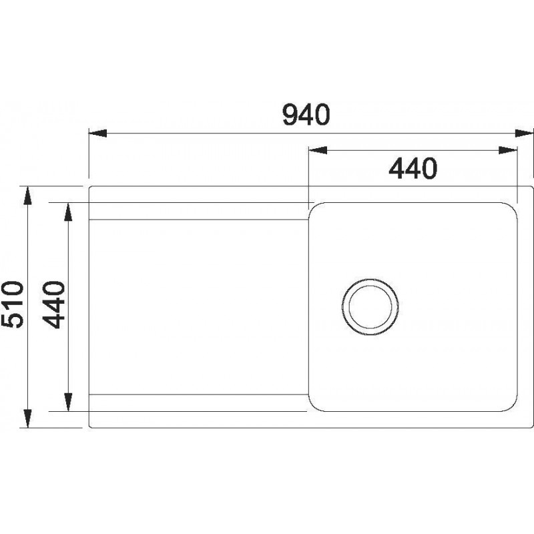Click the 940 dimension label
click(306, 115)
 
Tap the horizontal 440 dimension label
click(413, 168)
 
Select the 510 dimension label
click(13, 304)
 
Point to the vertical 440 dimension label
click(53, 304)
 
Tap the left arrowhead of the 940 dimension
click(97, 133)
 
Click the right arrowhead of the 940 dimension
click(524, 133)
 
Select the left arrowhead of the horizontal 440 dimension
click(318, 150)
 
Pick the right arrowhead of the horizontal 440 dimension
click(508, 150)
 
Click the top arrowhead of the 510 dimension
click(28, 196)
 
